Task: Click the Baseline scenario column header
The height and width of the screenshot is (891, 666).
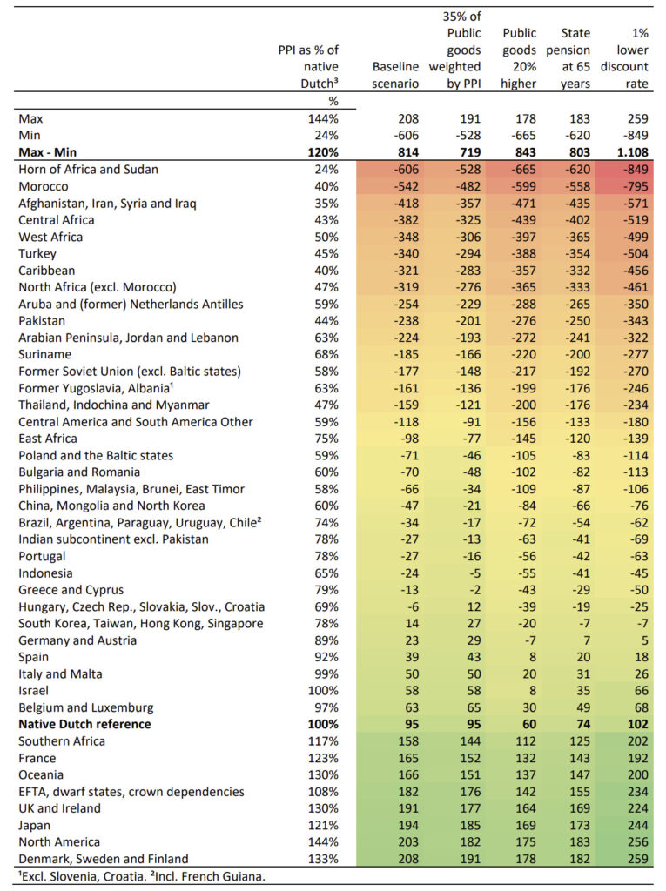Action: tap(396, 75)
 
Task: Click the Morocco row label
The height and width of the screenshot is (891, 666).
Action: tap(45, 186)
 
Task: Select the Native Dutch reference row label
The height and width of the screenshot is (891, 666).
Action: tap(84, 724)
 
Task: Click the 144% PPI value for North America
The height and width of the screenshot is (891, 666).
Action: tap(323, 841)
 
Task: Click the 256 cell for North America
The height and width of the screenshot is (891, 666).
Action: tap(636, 841)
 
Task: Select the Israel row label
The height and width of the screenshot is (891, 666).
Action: tap(34, 691)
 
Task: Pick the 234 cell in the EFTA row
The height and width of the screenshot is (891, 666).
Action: tap(636, 792)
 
